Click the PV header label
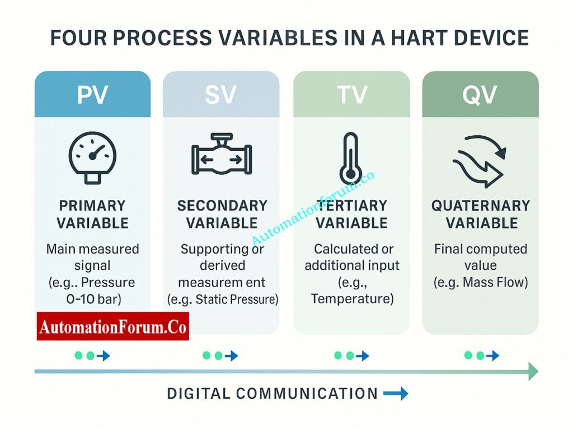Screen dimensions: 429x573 click(92, 95)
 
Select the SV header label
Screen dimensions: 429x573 click(221, 95)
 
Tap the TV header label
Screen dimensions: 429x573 click(351, 95)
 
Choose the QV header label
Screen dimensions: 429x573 click(480, 95)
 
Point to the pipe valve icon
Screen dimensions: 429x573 click(222, 155)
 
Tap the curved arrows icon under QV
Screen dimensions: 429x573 click(480, 159)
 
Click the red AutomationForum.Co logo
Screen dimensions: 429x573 click(113, 326)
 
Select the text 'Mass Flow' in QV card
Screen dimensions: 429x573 click(496, 282)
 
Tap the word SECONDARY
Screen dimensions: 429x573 click(222, 206)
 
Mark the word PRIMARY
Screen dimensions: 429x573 click(92, 206)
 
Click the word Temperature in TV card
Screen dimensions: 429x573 click(352, 299)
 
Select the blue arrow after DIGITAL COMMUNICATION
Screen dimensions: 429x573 click(396, 394)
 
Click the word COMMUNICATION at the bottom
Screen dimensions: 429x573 click(307, 394)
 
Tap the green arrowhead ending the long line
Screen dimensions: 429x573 click(533, 371)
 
